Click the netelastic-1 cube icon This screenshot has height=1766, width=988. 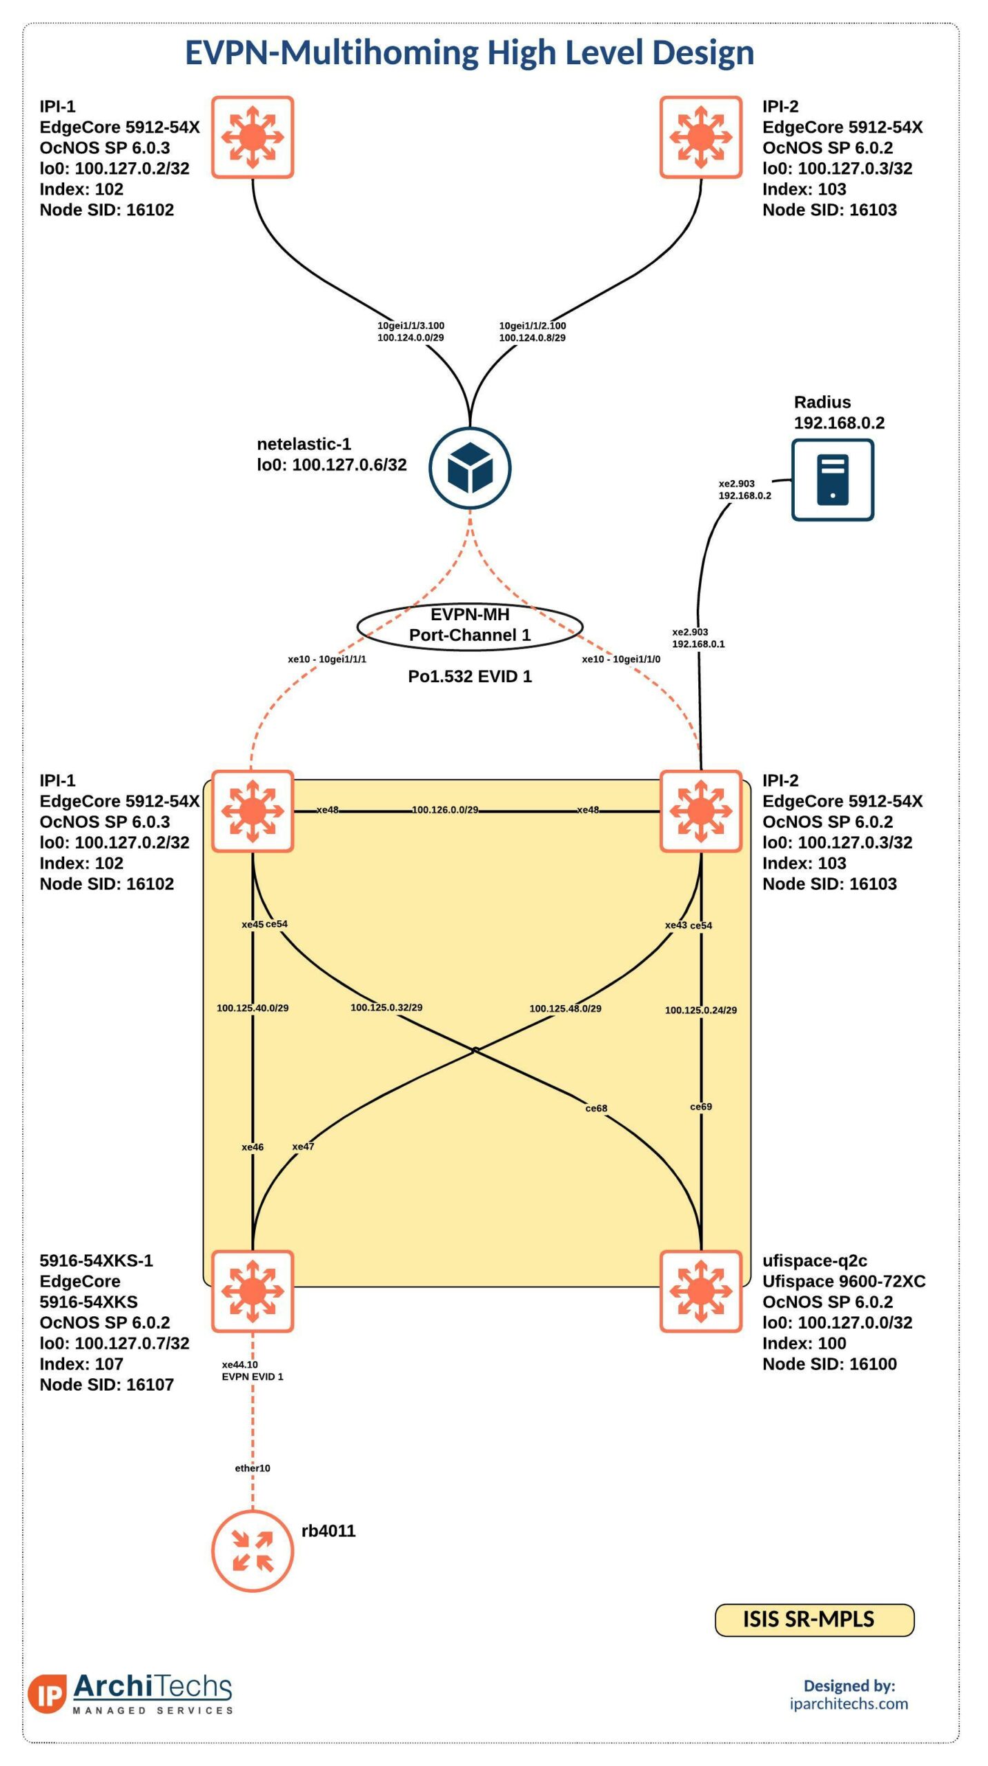(470, 468)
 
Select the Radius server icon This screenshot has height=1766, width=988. (832, 479)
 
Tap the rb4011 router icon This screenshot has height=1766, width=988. (253, 1551)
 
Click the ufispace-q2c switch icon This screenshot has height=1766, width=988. (701, 1291)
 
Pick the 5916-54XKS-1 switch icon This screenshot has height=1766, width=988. (253, 1291)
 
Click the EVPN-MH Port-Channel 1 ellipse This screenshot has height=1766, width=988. (470, 626)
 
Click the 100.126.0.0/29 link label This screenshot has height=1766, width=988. (445, 810)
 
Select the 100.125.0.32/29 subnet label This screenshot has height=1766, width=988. (386, 1007)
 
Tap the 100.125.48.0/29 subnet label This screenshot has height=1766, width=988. (565, 1008)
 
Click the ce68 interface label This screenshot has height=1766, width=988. (596, 1109)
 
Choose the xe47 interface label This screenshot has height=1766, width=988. (303, 1147)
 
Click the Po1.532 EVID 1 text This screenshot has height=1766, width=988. (470, 676)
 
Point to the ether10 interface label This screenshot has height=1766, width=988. (253, 1468)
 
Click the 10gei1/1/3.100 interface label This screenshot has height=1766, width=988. (411, 326)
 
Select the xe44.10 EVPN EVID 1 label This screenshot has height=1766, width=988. (252, 1371)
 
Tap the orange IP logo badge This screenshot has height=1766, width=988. (48, 1694)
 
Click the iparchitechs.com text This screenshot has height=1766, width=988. (849, 1703)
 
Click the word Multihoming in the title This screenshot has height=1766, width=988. (379, 52)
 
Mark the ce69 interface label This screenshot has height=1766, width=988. (701, 1107)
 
